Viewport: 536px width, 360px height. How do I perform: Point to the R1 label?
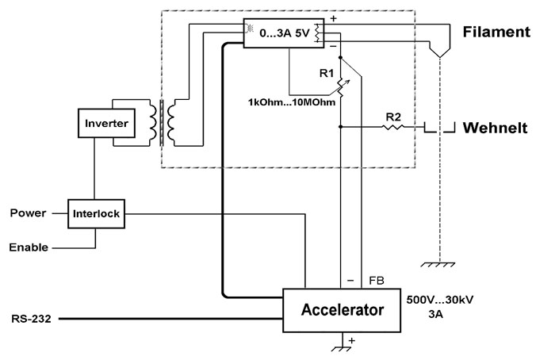click(x=327, y=73)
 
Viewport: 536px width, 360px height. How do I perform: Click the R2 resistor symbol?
click(x=393, y=127)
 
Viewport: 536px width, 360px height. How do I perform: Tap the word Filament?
click(x=496, y=32)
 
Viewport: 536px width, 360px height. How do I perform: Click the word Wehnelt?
click(x=495, y=128)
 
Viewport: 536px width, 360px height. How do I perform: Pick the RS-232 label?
click(x=31, y=319)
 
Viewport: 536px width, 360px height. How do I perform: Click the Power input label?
click(x=28, y=213)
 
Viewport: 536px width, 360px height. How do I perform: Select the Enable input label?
click(x=29, y=247)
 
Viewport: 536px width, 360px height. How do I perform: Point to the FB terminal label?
click(x=377, y=281)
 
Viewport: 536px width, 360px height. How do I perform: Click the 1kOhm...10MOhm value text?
click(x=292, y=102)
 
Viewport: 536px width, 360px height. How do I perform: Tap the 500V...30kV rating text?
click(x=439, y=300)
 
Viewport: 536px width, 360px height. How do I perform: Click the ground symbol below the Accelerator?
click(x=342, y=347)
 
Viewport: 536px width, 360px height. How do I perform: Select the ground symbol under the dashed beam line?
click(x=438, y=264)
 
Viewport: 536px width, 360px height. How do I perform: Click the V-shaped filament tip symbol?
click(x=439, y=52)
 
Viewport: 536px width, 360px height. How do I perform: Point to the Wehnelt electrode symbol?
click(x=439, y=128)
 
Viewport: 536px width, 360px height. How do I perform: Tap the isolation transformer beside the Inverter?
click(x=161, y=123)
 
